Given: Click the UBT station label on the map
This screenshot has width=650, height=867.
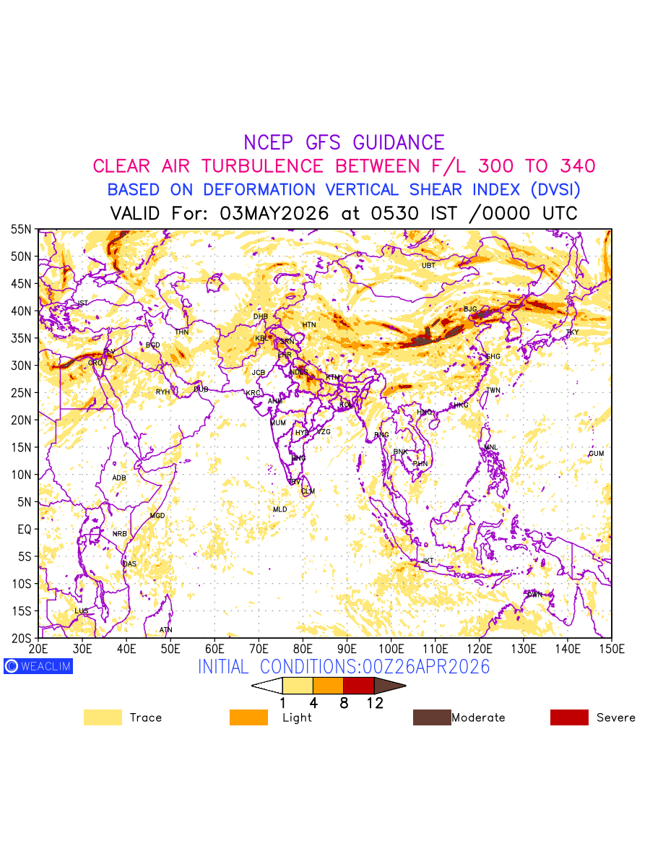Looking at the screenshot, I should pos(428,265).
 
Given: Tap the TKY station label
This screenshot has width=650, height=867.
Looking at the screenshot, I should pos(572,332).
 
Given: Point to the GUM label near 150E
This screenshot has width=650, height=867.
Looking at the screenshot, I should pos(596,454).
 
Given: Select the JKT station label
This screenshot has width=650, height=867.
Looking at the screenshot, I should pos(428,561).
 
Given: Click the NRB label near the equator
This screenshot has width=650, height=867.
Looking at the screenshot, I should pos(119,534).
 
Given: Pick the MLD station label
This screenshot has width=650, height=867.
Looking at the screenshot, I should pos(279,509).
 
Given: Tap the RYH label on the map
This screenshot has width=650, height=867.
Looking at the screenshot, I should pos(162,392).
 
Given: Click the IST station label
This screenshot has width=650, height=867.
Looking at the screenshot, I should pos(82,303).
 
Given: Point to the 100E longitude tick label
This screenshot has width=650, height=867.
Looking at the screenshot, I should pos(391,648).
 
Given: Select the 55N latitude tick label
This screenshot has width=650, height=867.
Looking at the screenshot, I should pos(21,230).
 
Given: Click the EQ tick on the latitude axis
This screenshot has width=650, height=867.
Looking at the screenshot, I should pos(24,530).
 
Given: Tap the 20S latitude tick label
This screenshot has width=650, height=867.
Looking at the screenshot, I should pos(21,638).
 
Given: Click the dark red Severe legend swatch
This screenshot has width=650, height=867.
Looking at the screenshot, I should pos(569,717).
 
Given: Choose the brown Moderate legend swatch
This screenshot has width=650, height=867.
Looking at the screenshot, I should pos(431,717).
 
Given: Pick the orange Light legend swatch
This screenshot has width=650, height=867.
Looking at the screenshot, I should pos(248,717).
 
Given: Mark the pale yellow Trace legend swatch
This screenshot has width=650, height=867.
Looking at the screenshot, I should pos(103,717).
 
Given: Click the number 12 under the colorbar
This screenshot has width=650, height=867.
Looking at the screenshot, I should pos(374,703).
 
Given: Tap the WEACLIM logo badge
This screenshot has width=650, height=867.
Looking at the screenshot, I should pos(38,666).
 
